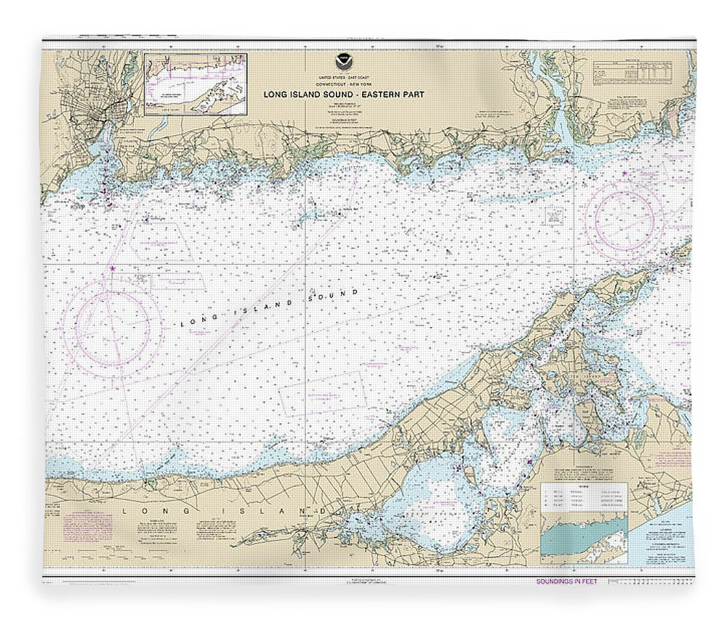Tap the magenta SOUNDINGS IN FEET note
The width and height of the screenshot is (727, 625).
[566, 581]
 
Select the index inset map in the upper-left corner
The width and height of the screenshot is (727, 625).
[195, 84]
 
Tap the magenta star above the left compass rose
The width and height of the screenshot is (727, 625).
[111, 268]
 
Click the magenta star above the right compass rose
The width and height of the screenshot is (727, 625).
[624, 172]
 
